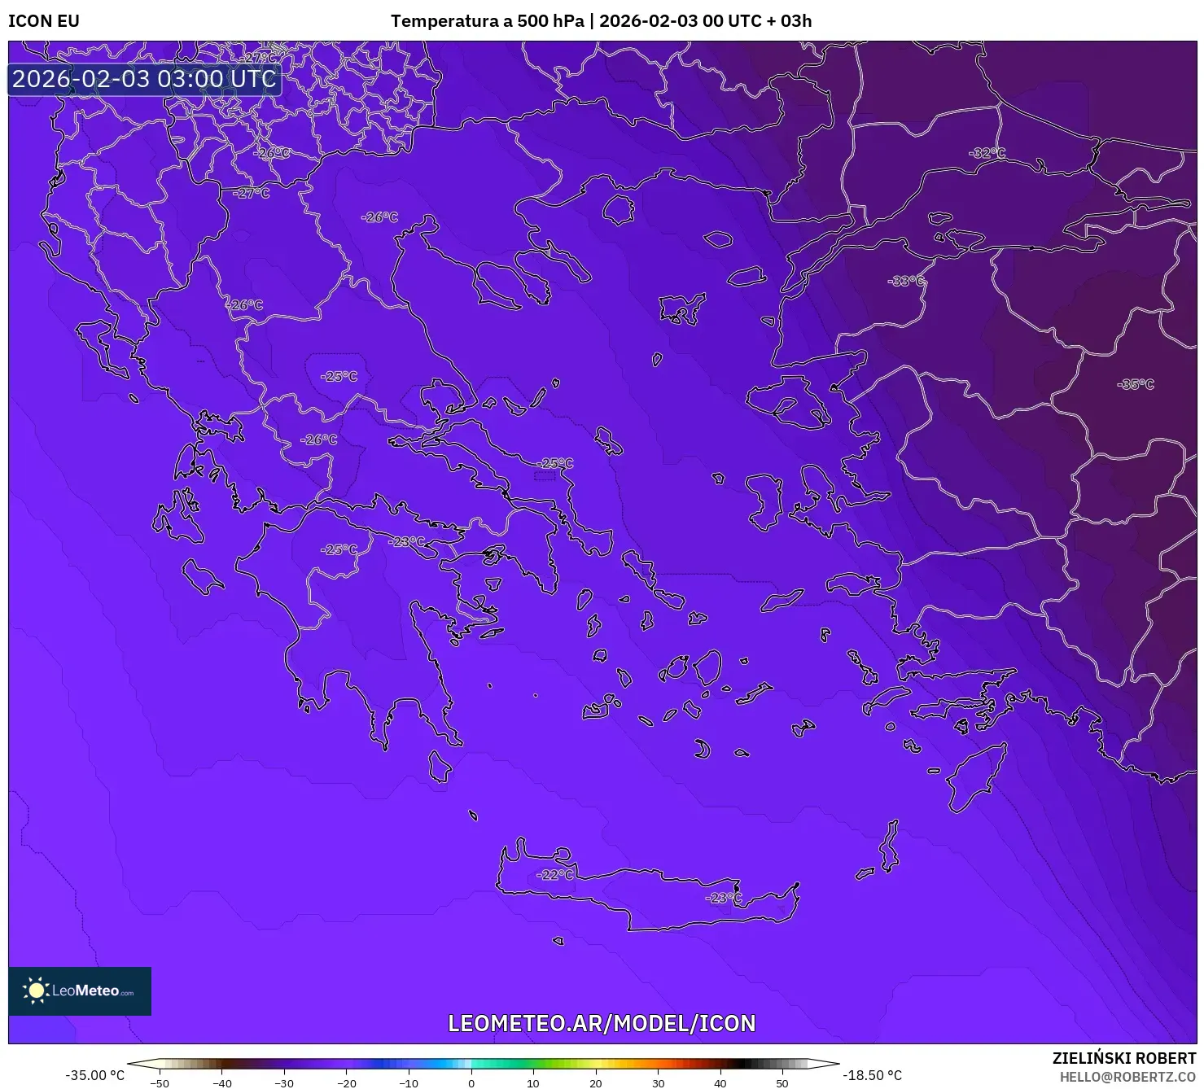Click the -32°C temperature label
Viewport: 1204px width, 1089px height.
click(x=987, y=153)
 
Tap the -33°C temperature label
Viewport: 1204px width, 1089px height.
click(x=906, y=282)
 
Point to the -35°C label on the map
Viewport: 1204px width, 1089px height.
click(x=1136, y=384)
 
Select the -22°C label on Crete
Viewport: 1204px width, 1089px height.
click(x=556, y=875)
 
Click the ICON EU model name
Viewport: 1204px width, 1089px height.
click(x=44, y=21)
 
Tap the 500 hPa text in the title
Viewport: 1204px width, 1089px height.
click(x=549, y=21)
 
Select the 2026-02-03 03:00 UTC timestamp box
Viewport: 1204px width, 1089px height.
click(x=144, y=79)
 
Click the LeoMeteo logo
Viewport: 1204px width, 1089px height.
click(x=80, y=991)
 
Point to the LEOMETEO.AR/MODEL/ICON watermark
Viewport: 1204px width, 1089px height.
click(x=602, y=1023)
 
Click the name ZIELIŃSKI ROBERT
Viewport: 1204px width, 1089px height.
click(x=1124, y=1058)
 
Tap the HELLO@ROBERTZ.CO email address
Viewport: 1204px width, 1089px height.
click(x=1127, y=1076)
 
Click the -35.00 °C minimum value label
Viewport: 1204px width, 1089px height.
click(x=95, y=1075)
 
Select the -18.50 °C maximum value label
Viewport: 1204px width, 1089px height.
click(x=872, y=1075)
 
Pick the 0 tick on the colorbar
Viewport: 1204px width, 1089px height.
click(x=471, y=1083)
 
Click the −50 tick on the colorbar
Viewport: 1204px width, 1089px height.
click(x=160, y=1083)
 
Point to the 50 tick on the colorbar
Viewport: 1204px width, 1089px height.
click(x=782, y=1083)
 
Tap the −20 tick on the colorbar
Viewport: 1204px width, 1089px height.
click(x=346, y=1083)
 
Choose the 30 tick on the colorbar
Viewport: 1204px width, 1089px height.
click(x=658, y=1083)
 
